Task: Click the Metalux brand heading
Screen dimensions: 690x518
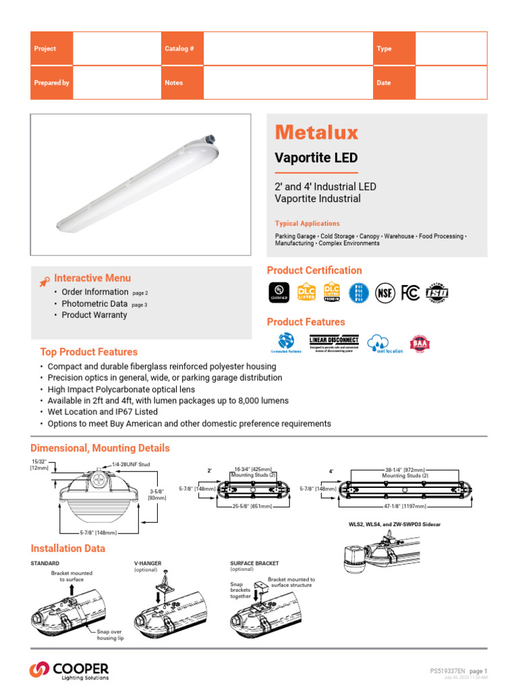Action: coord(316,132)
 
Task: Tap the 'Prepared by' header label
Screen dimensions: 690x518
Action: coord(51,83)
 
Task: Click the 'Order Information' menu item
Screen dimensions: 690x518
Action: coord(94,292)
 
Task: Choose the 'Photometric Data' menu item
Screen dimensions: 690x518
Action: coord(94,304)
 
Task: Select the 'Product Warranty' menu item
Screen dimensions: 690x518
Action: coord(94,315)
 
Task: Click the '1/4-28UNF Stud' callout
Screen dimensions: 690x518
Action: coord(132,464)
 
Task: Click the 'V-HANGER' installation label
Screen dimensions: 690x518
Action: coord(148,563)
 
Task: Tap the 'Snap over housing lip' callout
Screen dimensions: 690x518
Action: coord(110,634)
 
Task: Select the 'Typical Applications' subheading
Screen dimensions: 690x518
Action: coord(307,224)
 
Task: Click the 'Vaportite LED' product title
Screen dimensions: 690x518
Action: coord(316,158)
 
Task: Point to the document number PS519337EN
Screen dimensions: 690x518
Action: coord(447,671)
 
